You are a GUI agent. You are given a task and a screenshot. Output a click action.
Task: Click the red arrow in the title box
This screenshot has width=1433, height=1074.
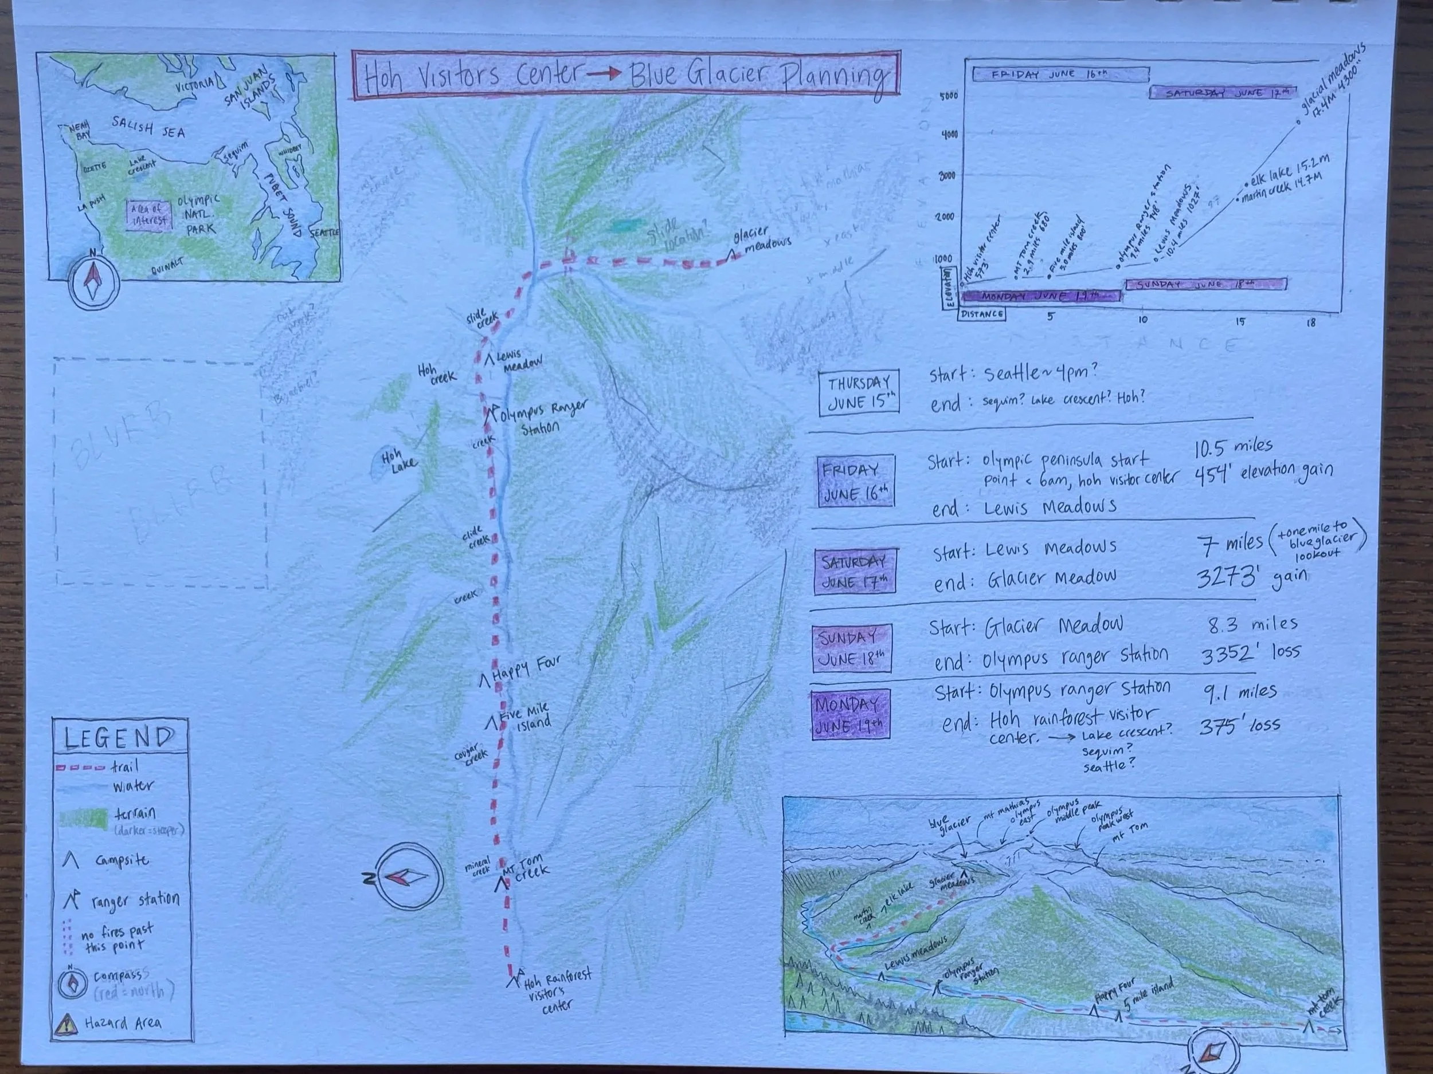coord(603,74)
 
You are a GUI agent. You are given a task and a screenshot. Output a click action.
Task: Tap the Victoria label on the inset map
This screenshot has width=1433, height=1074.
coord(195,84)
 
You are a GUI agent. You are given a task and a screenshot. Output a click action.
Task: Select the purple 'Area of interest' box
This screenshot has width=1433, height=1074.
coord(150,214)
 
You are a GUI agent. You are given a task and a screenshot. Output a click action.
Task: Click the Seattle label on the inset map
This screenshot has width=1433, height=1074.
coord(324,233)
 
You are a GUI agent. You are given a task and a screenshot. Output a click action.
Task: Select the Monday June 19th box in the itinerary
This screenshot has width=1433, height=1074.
coord(849,714)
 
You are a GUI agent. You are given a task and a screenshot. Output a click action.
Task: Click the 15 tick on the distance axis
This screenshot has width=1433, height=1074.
coord(1239,322)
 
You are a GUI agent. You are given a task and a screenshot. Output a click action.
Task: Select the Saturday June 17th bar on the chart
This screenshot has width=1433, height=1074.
coord(1223,93)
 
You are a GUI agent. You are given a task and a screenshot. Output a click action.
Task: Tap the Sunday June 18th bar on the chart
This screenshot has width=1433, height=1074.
coord(1205,284)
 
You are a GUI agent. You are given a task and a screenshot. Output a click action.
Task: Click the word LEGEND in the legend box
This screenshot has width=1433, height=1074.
coord(119,737)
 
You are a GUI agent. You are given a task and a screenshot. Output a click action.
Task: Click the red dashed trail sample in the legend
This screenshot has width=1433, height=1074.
coord(80,768)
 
